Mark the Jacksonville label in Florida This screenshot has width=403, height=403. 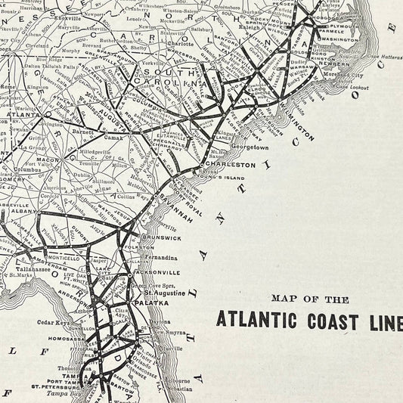click(156, 271)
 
